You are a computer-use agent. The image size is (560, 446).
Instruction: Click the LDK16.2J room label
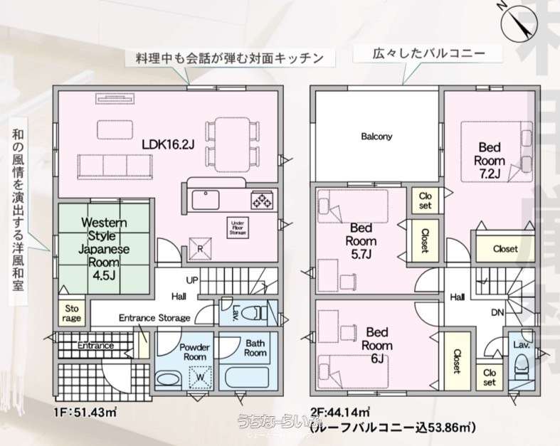[x=168, y=144]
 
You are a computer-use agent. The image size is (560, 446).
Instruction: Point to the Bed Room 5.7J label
[x=361, y=241]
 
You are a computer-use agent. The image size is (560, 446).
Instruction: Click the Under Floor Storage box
[x=237, y=227]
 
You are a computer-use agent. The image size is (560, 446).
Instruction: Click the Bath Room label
[x=255, y=347]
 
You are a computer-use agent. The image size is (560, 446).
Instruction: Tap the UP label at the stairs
[x=192, y=281]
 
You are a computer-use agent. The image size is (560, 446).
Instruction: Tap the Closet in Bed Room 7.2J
[x=504, y=249]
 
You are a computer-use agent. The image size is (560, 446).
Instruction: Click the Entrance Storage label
[x=154, y=318]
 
